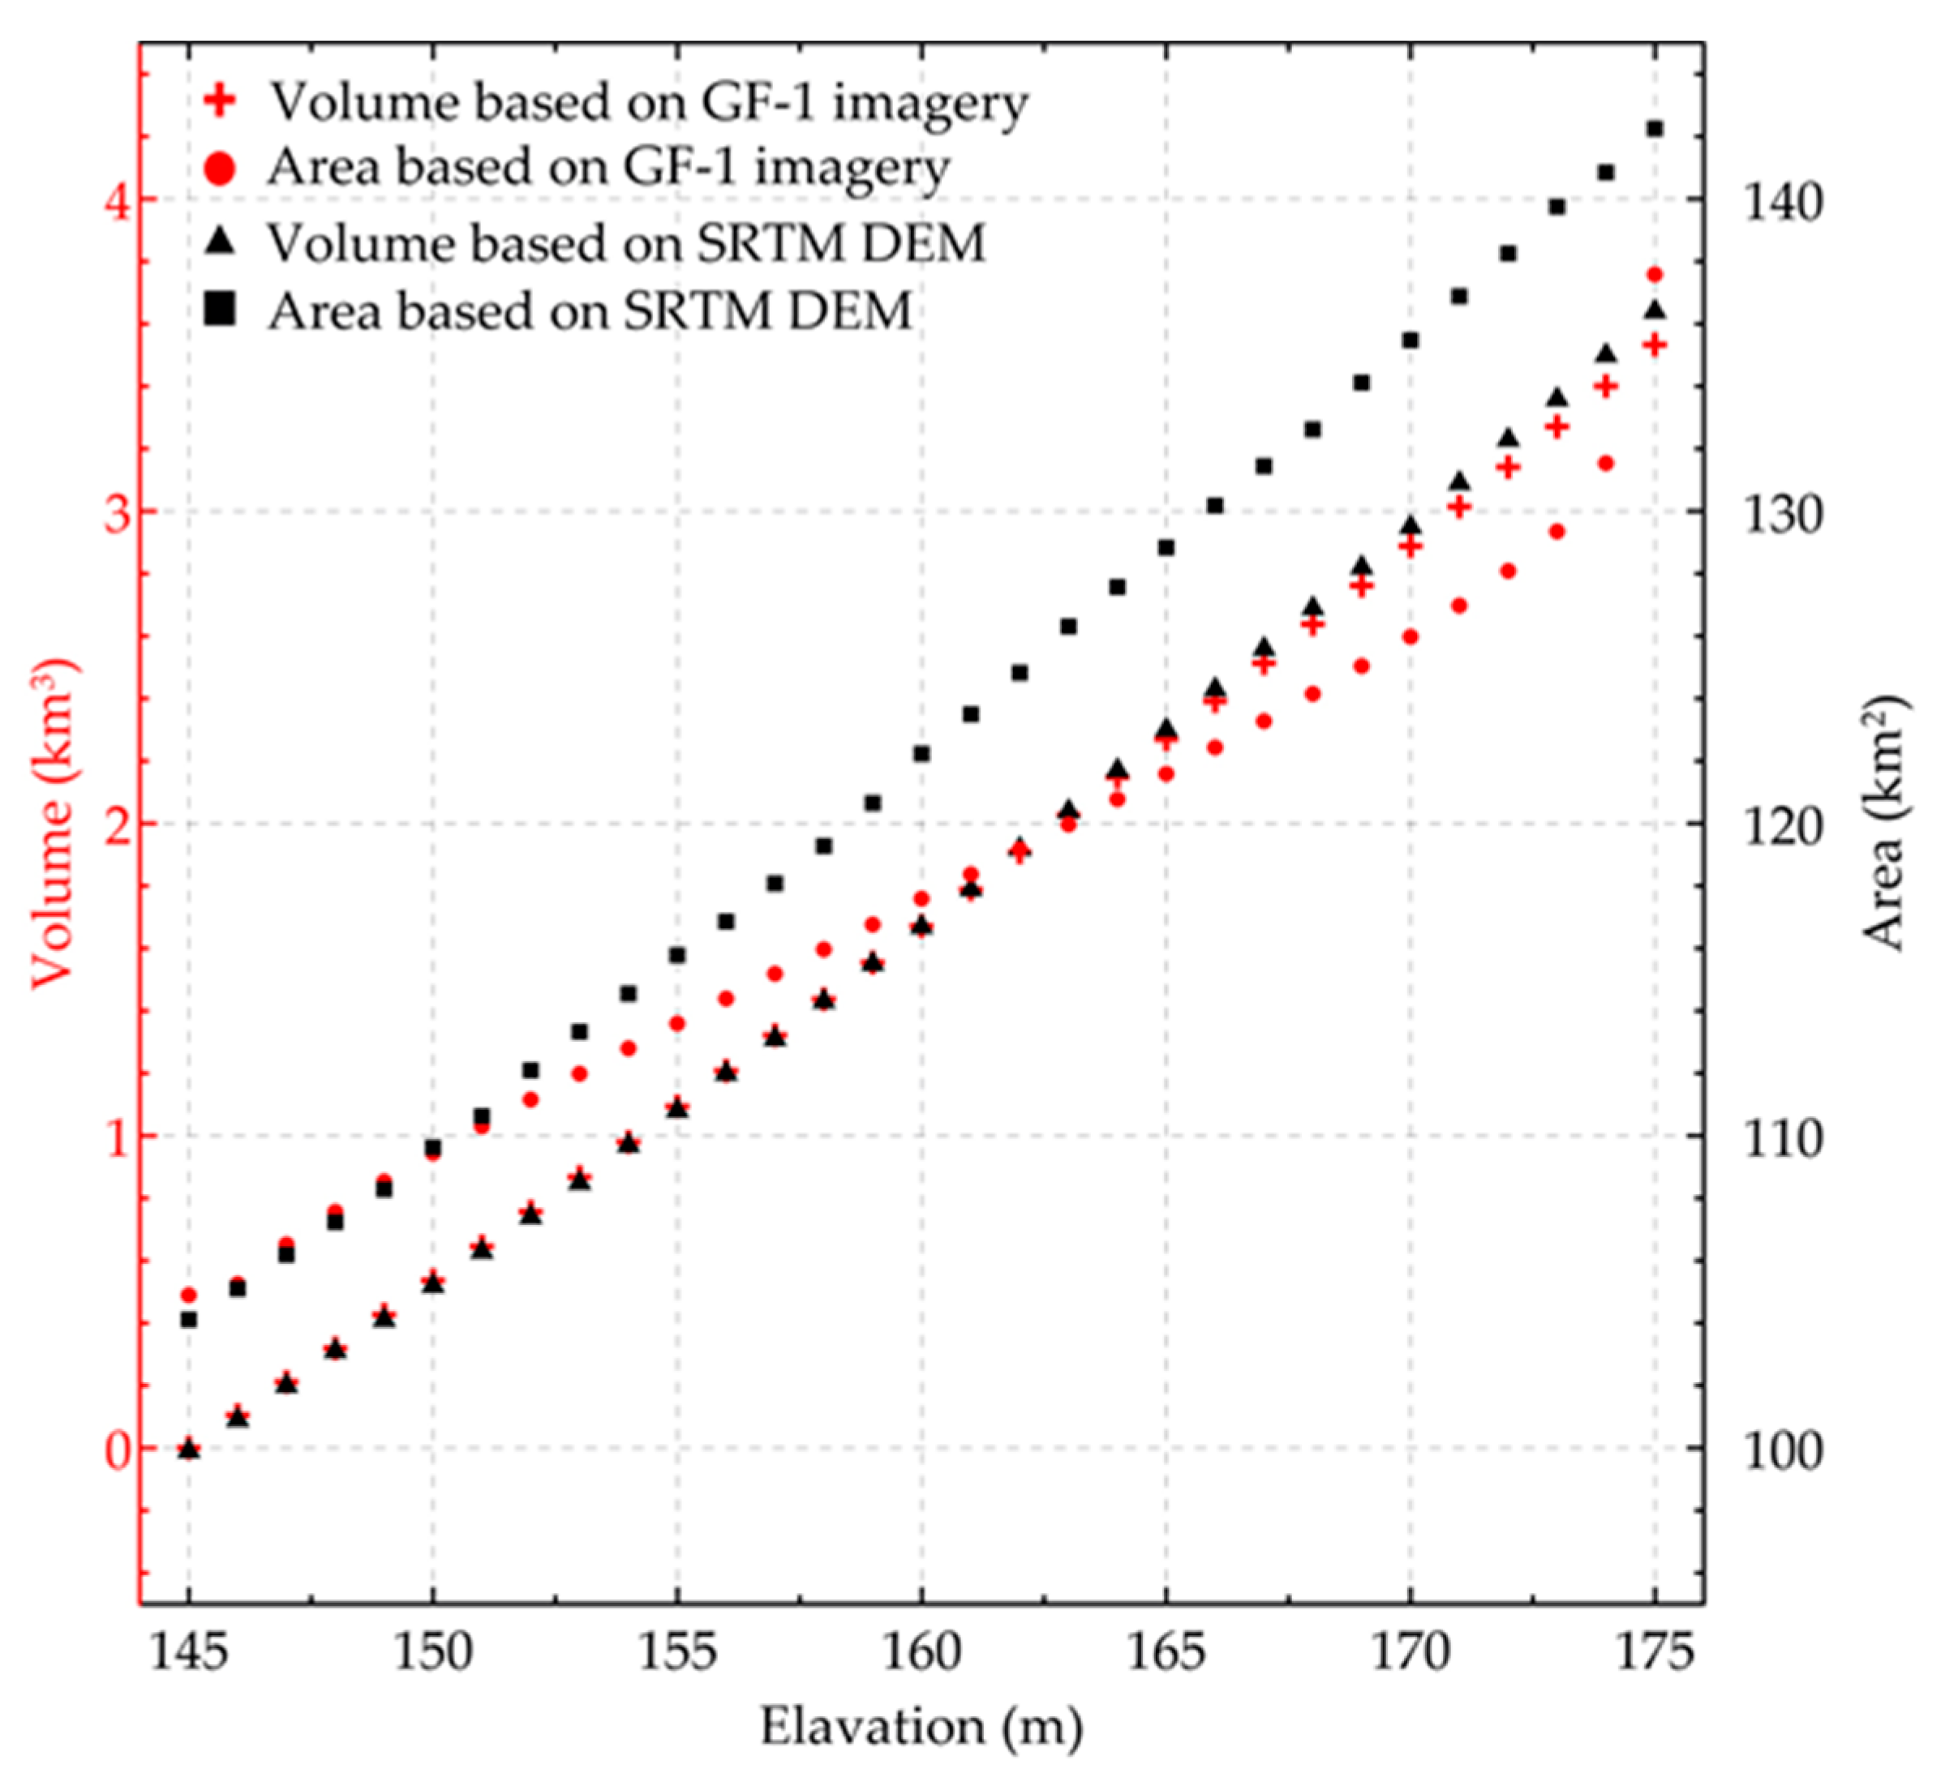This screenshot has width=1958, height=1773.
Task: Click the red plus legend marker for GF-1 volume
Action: tap(221, 101)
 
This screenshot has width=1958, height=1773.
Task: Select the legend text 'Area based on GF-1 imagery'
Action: tap(609, 168)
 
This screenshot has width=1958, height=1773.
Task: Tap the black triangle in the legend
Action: tap(222, 241)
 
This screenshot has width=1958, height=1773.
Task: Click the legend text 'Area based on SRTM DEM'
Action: tap(590, 310)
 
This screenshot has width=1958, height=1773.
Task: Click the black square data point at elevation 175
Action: tap(1655, 129)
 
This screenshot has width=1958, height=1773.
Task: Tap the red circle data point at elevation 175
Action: tap(1655, 275)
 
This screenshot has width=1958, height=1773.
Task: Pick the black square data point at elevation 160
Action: tap(921, 753)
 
